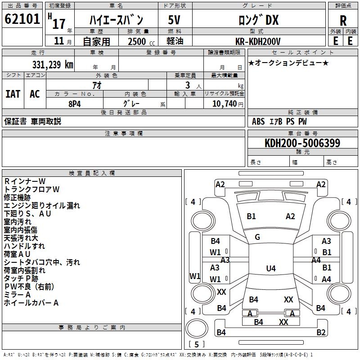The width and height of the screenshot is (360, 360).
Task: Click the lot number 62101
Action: tap(22, 20)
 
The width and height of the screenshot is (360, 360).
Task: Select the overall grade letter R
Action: tap(343, 21)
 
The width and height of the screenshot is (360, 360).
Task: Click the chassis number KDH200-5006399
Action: tap(302, 143)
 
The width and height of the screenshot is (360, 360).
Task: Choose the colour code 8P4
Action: tap(75, 103)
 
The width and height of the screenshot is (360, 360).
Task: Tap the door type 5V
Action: tap(175, 20)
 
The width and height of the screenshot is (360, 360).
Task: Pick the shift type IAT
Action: tap(13, 94)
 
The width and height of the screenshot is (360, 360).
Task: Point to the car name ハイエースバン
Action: tap(116, 20)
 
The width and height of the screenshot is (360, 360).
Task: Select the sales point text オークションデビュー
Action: tap(288, 63)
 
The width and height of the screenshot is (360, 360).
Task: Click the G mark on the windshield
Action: tap(257, 237)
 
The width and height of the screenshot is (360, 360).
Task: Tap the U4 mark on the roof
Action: tap(270, 269)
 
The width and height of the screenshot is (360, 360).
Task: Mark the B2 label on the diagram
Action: tap(321, 333)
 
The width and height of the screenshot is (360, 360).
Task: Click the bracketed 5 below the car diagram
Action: tap(197, 345)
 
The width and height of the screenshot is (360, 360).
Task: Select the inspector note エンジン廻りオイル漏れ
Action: tap(42, 205)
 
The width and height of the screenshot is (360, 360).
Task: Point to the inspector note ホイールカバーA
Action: tap(31, 303)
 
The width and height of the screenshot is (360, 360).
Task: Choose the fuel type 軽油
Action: tap(175, 41)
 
